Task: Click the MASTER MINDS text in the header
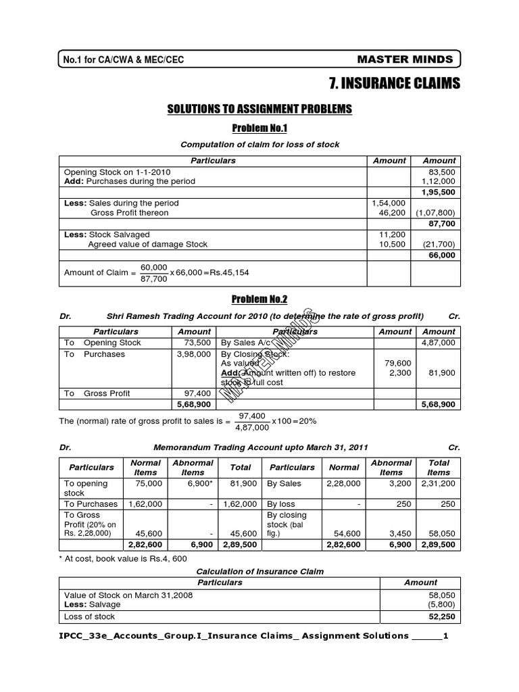click(x=414, y=59)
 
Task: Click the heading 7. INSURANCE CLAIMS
click(x=395, y=83)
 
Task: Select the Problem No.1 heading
click(x=259, y=128)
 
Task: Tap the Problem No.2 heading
click(x=259, y=299)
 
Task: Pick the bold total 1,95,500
click(x=439, y=192)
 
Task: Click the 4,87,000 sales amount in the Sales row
click(x=439, y=343)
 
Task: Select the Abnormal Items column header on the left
click(x=193, y=468)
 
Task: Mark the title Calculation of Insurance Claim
click(x=259, y=571)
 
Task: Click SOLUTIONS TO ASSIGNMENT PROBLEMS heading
click(x=259, y=108)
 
